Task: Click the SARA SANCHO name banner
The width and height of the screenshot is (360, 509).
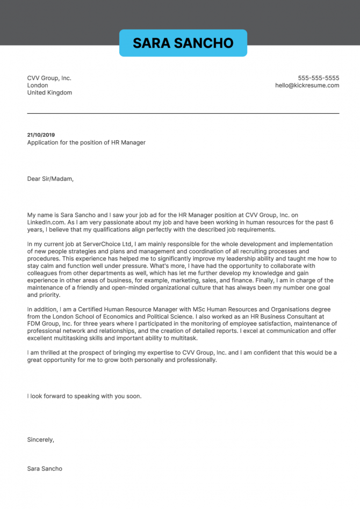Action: coord(183,43)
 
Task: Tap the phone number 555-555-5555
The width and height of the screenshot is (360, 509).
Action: coord(319,78)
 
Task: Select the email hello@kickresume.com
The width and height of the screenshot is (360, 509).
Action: coord(307,85)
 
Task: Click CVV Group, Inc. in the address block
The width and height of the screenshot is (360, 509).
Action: coord(49,78)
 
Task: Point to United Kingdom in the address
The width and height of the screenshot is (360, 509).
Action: coord(49,93)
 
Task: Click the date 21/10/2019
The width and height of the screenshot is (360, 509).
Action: coord(41,135)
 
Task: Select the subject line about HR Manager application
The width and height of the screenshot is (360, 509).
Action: coord(86,142)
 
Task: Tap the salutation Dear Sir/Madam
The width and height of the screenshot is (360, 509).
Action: coord(50,179)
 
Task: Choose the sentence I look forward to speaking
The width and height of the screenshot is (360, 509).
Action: coord(84,396)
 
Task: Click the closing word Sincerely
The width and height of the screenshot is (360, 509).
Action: coord(40,440)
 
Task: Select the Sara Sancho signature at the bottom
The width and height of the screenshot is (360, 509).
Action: coord(45,469)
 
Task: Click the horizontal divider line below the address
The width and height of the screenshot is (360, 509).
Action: coord(183,113)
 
